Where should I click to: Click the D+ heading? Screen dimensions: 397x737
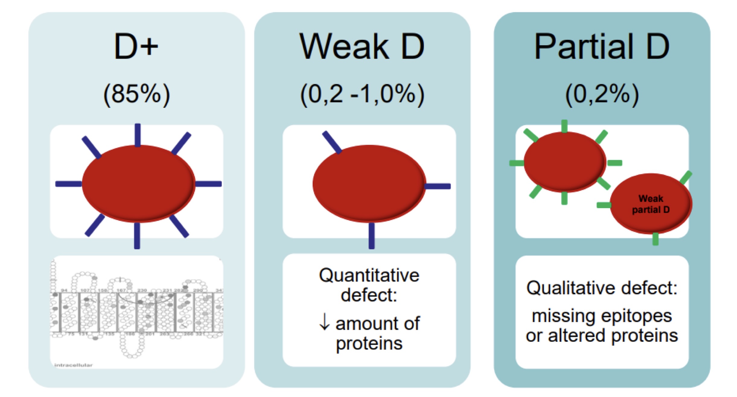point(136,47)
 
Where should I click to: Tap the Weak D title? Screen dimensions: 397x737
point(362,47)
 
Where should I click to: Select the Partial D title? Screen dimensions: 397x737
point(602,47)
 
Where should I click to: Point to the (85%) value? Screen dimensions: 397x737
point(136,94)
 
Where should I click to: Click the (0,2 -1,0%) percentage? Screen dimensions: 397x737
point(362,94)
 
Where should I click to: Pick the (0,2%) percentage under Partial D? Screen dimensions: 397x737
point(602,94)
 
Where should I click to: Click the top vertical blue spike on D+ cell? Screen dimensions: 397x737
point(138,134)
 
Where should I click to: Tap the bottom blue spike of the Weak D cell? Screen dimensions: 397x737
point(372,236)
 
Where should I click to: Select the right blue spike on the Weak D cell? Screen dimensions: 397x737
point(438,186)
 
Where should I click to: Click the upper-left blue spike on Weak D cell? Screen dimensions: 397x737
point(332,142)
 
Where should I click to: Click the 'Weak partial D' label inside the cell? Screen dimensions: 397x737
point(651,204)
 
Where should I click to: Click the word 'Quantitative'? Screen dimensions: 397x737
point(369,276)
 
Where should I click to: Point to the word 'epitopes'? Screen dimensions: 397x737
point(636,316)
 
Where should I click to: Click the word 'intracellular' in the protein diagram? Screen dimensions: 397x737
point(73,365)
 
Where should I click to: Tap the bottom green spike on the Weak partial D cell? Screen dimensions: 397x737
point(655,239)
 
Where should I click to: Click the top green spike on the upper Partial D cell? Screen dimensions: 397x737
point(564,126)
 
